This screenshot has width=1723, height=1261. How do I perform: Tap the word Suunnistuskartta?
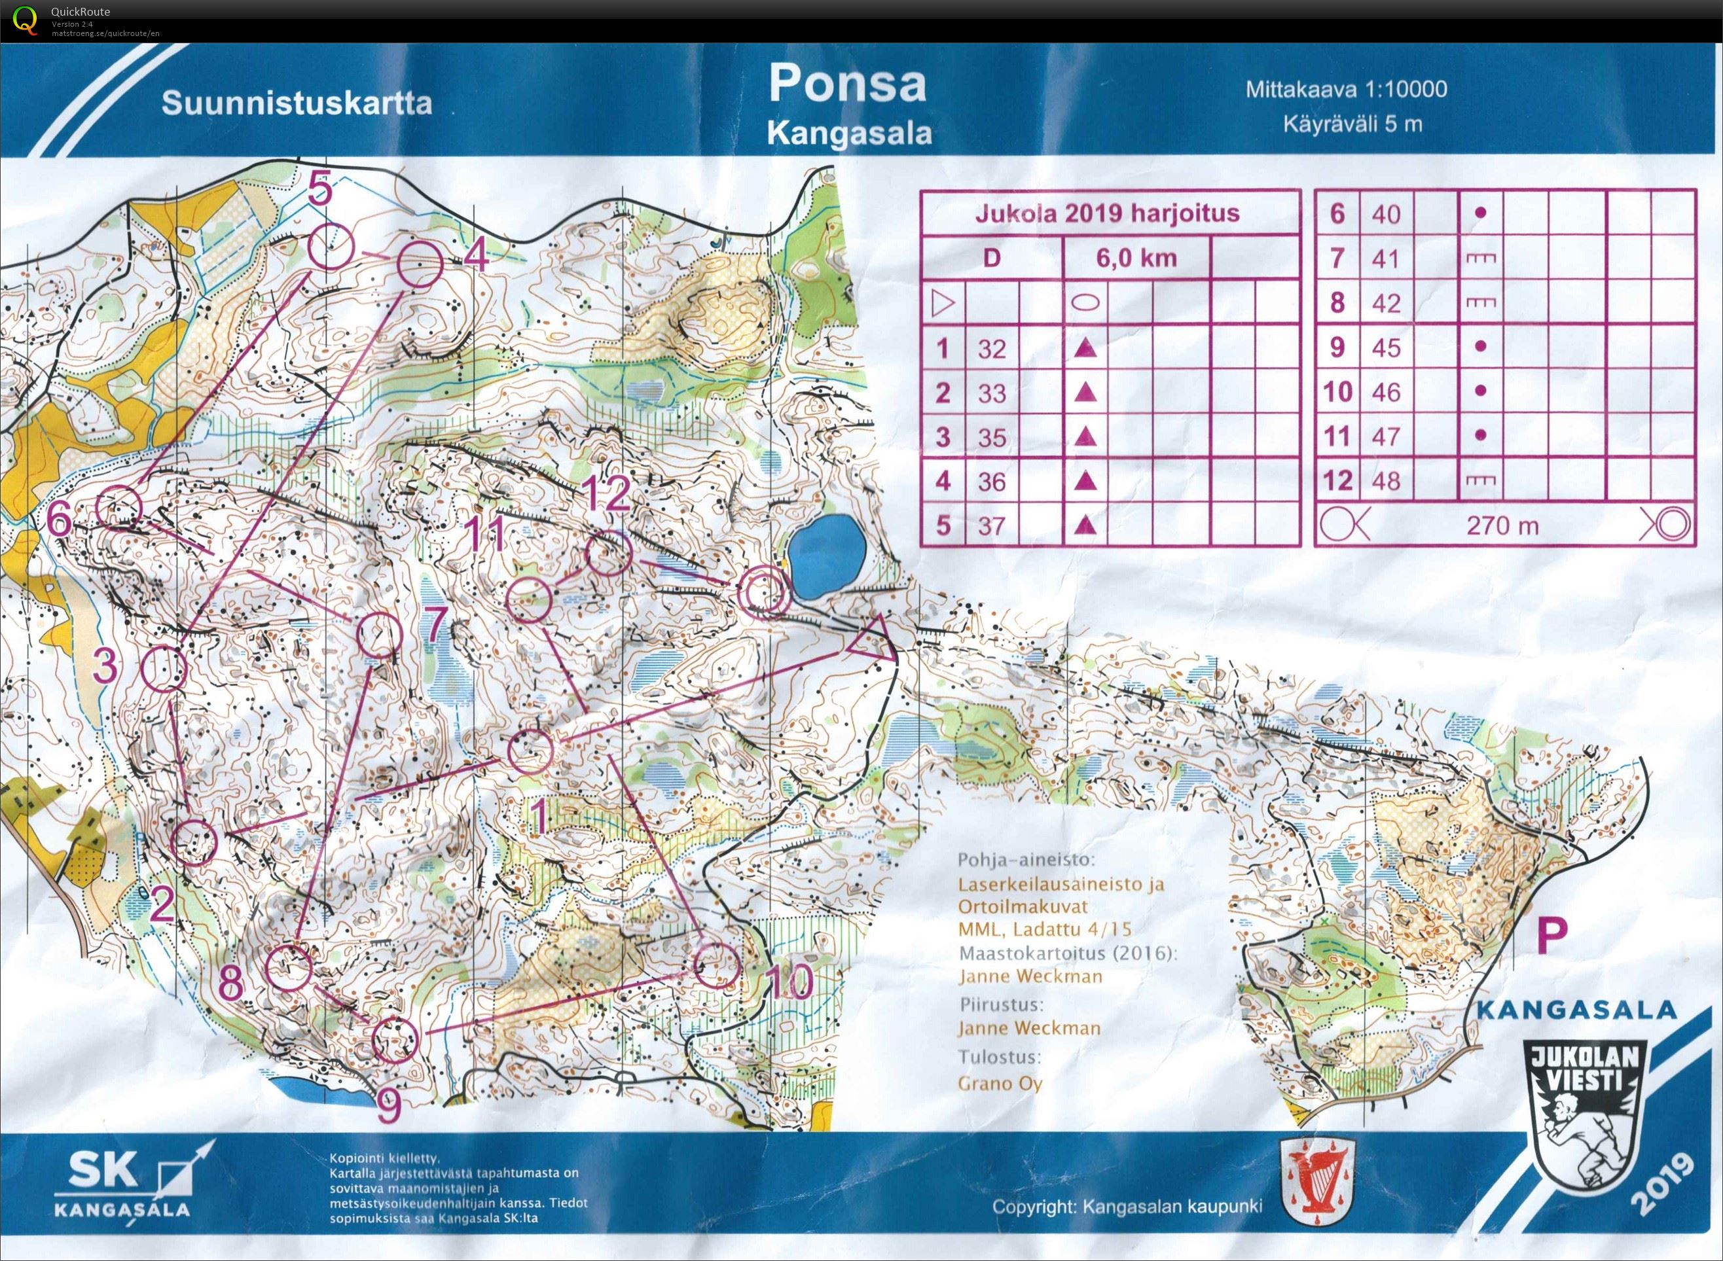tap(296, 103)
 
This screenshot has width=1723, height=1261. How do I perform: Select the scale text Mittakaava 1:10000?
tap(1346, 89)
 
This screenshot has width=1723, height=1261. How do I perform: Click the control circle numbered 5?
tap(332, 247)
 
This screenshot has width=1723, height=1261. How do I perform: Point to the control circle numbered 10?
tap(717, 966)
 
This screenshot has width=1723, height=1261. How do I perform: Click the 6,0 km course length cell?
tap(1136, 258)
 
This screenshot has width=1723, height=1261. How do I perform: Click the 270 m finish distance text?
tap(1502, 526)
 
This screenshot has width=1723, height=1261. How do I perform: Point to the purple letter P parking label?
tap(1552, 936)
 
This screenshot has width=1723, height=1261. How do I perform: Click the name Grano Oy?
tap(999, 1083)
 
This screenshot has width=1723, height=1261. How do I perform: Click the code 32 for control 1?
tap(992, 349)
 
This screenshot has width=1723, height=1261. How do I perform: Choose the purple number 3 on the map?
tap(106, 667)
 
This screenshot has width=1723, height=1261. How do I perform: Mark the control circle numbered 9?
tap(395, 1040)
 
